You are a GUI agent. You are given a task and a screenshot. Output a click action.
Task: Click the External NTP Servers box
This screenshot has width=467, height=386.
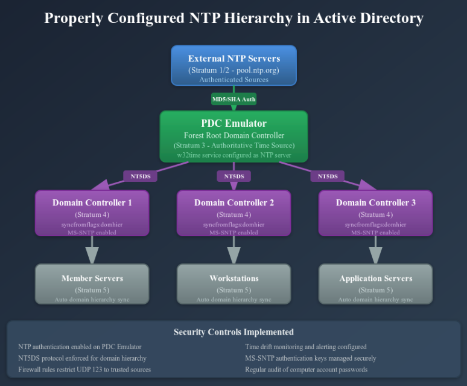[x=233, y=65]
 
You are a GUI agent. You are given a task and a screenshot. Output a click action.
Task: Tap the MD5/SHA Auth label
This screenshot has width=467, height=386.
[x=234, y=98]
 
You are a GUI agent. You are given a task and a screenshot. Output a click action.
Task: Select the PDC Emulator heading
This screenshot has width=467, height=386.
[x=233, y=123]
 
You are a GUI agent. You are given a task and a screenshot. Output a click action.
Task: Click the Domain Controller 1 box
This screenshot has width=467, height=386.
[x=92, y=213]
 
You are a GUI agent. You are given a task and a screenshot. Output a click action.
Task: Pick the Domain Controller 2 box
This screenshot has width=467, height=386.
[x=233, y=213]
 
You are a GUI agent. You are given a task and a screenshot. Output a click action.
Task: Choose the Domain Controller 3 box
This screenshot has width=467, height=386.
[x=375, y=213]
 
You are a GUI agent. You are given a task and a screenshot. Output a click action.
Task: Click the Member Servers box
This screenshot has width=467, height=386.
[x=92, y=283]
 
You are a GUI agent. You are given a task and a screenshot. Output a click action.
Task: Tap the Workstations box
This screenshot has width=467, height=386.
[x=233, y=283]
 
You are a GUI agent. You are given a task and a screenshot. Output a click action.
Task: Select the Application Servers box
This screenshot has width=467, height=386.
[x=375, y=283]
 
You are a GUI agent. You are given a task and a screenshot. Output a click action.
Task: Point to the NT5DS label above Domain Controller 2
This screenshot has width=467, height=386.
[x=234, y=176]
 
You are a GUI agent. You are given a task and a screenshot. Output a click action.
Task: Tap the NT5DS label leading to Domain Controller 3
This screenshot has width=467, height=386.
[x=328, y=176]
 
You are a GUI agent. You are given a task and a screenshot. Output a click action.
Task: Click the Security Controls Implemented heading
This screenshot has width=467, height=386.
[x=233, y=332]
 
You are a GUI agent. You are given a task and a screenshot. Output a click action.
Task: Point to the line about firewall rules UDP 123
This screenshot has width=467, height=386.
[x=84, y=369]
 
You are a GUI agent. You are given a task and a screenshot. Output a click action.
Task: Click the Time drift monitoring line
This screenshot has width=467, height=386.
[x=305, y=347]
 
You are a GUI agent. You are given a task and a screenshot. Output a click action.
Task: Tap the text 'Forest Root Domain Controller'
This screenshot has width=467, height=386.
[x=233, y=135]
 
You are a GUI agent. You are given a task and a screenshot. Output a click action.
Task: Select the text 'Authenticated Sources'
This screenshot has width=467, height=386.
[x=233, y=79]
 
